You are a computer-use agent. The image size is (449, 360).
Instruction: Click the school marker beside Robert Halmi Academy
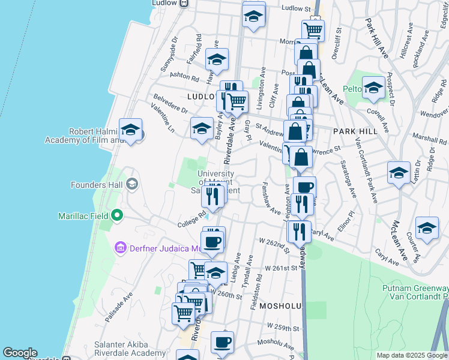click(130, 130)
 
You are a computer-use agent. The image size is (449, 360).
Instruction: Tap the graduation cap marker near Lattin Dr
click(399, 173)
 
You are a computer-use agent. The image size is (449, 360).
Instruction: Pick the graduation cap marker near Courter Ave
click(427, 229)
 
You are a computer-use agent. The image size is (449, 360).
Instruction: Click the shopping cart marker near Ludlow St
click(313, 29)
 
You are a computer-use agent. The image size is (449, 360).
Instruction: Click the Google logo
click(20, 353)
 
